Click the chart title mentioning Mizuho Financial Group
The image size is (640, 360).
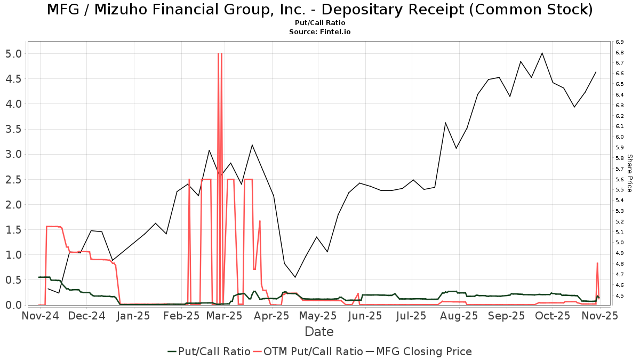point(319,10)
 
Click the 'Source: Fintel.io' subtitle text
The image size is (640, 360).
point(319,32)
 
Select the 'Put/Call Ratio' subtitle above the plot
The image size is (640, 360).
point(319,23)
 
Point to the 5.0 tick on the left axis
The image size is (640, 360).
point(14,54)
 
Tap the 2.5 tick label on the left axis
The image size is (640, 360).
point(14,180)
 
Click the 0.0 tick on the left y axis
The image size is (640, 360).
point(14,305)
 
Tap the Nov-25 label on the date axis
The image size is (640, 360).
point(599,316)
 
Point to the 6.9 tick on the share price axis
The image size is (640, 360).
point(619,42)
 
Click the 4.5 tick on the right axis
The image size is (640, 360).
point(619,295)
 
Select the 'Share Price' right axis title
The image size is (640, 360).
point(629,173)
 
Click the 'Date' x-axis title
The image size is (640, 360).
point(319,332)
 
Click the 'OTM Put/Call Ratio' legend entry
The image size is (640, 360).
point(308,351)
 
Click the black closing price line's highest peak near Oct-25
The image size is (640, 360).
point(542,53)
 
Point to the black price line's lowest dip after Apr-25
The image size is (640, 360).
point(295,277)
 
